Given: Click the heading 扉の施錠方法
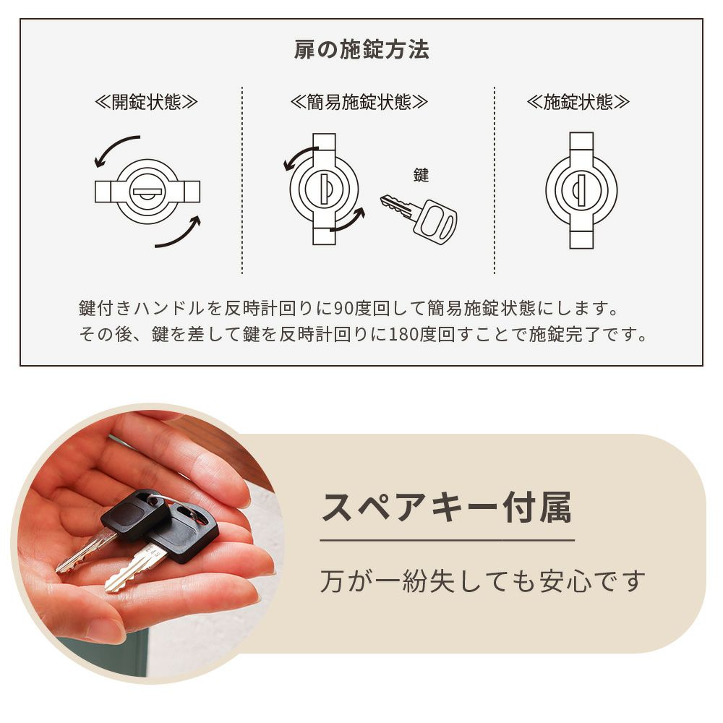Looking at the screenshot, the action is coord(361,49).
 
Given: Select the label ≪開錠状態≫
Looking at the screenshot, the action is coord(146,102).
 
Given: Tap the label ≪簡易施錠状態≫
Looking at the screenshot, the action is coord(359,102).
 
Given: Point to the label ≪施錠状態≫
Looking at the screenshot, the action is coord(578,102).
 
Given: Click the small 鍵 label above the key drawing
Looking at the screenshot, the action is coord(421,175).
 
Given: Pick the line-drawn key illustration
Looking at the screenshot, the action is coord(418,218).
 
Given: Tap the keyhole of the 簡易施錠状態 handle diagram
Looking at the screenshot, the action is coord(326,189).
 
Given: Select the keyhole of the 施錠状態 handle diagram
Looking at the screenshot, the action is coord(579,190).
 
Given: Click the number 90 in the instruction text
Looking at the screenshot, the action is coord(342,308).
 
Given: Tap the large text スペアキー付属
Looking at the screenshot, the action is coord(446,508).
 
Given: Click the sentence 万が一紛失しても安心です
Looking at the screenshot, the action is coord(482,581).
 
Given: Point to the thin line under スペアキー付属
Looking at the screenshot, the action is coord(448,540).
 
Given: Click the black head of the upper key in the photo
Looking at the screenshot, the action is coord(134,513).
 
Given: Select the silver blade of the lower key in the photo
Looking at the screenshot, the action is coord(133,568).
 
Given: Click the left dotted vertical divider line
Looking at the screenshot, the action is coord(242,180).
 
